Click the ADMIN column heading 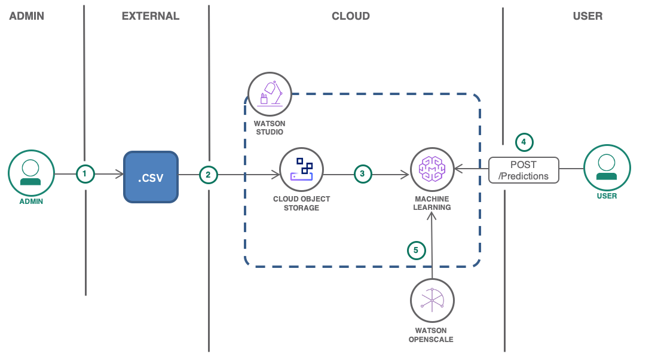[26, 16]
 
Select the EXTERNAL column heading [151, 16]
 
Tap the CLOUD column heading [351, 16]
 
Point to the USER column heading [587, 16]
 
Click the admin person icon [31, 172]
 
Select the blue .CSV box [151, 176]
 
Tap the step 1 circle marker [85, 174]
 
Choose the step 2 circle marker [208, 175]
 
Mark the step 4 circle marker [524, 142]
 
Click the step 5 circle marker [417, 250]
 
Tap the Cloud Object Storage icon [302, 169]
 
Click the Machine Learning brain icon [432, 169]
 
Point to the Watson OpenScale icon [432, 300]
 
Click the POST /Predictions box [524, 170]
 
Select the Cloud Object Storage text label [301, 203]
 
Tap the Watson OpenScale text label [432, 334]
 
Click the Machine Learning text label [432, 203]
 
